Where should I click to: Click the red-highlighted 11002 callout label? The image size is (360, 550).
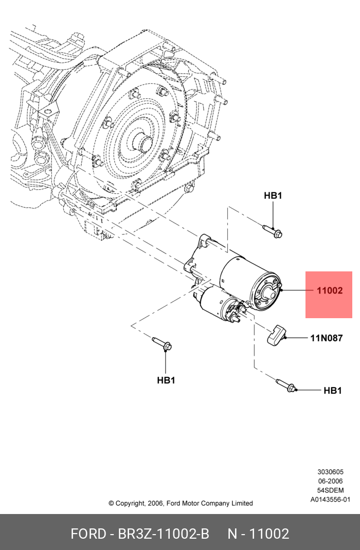point(329,290)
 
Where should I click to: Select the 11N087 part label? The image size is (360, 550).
point(327,338)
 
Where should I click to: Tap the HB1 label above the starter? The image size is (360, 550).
point(273,196)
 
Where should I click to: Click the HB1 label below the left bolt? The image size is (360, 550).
point(166,380)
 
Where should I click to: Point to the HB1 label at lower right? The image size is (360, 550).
point(332,391)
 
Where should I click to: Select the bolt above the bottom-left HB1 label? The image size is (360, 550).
point(162,343)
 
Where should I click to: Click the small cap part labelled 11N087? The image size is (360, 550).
point(277,335)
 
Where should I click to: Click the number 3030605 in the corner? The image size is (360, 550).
point(331,472)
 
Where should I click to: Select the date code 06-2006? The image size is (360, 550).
point(331,481)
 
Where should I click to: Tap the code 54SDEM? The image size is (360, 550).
point(331,490)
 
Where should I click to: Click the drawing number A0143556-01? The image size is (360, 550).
point(330,500)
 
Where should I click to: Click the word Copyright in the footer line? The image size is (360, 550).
point(130,504)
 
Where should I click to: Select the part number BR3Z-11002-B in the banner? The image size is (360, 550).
point(164,534)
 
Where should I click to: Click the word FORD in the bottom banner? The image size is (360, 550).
point(88,534)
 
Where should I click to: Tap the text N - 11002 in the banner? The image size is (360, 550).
point(258,534)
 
